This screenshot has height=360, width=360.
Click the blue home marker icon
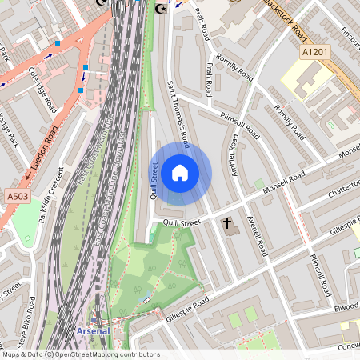[x=180, y=173]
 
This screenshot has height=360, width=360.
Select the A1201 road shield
[x=315, y=52]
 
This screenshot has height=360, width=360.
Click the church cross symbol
[x=227, y=224]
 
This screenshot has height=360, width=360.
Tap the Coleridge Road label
[x=41, y=89]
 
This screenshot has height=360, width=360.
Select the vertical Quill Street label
[x=154, y=179]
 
